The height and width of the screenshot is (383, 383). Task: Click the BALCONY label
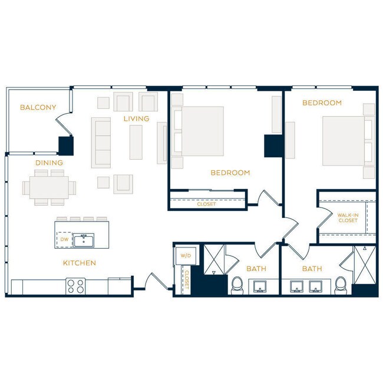(38, 107)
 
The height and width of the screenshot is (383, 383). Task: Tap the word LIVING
(136, 118)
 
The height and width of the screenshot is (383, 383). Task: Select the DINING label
(49, 163)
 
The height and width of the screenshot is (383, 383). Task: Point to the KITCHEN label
(79, 263)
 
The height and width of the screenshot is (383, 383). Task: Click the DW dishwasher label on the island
(64, 239)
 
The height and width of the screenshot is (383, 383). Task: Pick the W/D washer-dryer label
(186, 256)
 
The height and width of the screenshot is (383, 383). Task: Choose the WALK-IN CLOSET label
(348, 217)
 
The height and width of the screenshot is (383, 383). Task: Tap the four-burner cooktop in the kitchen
(75, 286)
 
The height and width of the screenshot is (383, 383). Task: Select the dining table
(49, 187)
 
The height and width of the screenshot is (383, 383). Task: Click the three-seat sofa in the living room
(101, 141)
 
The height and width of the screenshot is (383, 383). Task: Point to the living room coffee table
(136, 141)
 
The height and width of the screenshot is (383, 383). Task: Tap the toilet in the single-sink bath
(237, 285)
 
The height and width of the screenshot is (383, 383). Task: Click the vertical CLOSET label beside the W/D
(186, 279)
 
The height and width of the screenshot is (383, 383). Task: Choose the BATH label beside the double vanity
(312, 269)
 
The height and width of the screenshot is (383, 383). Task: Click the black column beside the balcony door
(65, 145)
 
